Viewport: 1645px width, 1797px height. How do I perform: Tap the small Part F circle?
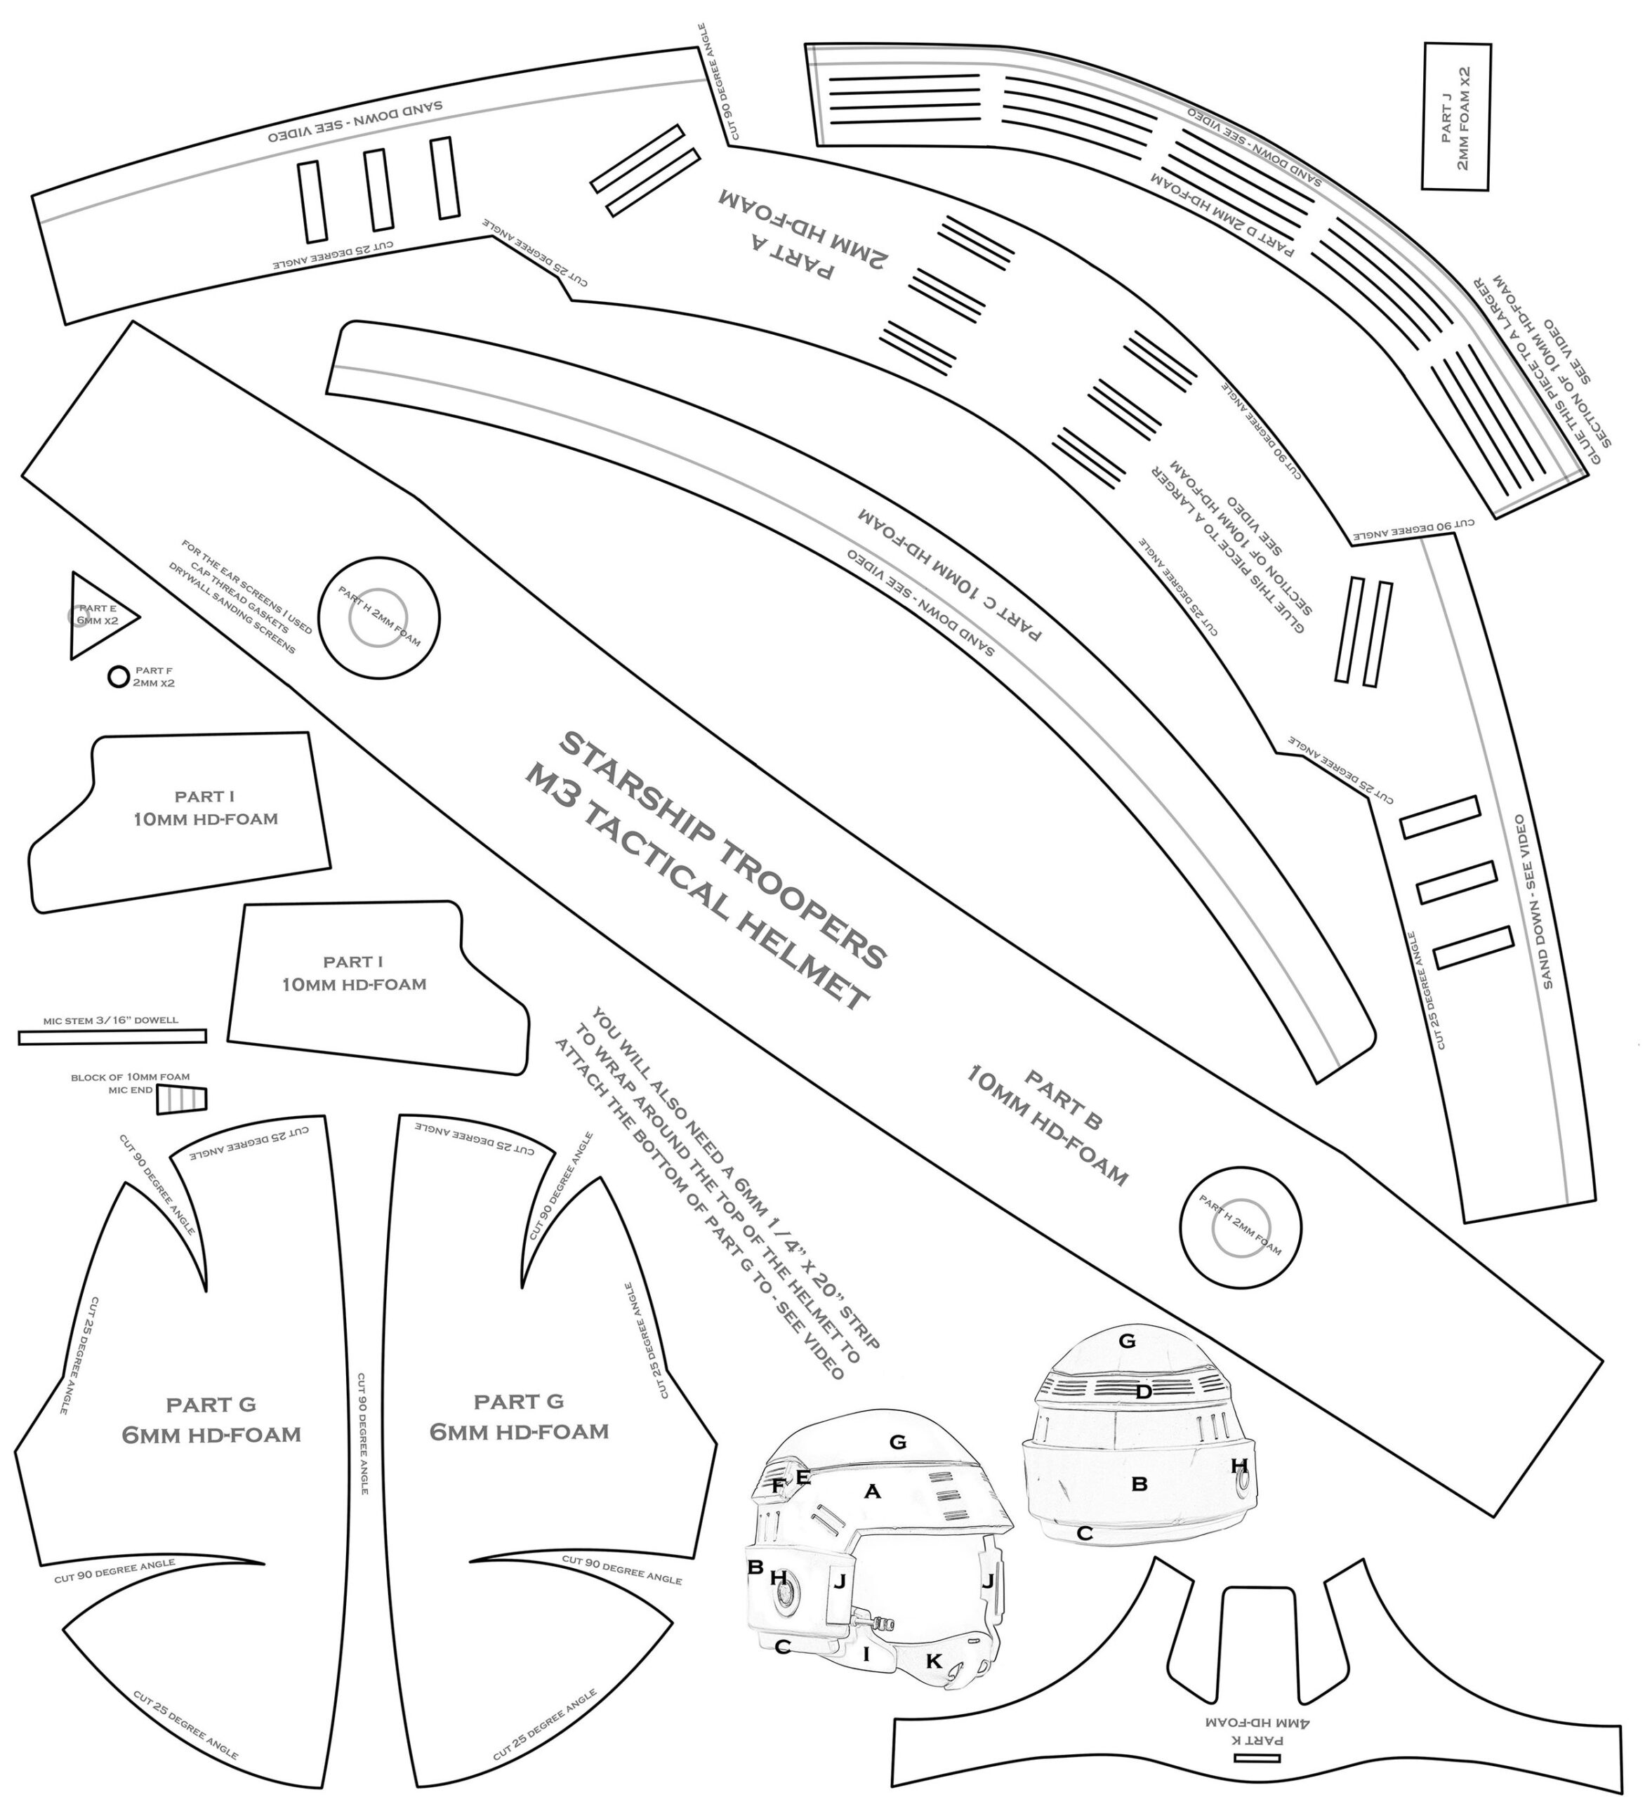[x=118, y=677]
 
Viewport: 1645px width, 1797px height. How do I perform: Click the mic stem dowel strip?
[x=112, y=1037]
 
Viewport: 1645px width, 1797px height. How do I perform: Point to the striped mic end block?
[x=182, y=1100]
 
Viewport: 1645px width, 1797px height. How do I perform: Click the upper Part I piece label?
[x=205, y=807]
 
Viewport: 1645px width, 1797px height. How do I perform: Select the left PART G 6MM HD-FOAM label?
[x=211, y=1420]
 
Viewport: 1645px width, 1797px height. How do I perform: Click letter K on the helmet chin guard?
[x=934, y=1661]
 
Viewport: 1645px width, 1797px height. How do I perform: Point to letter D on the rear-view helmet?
[x=1144, y=1391]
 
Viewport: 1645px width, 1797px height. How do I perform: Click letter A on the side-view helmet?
[x=872, y=1490]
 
